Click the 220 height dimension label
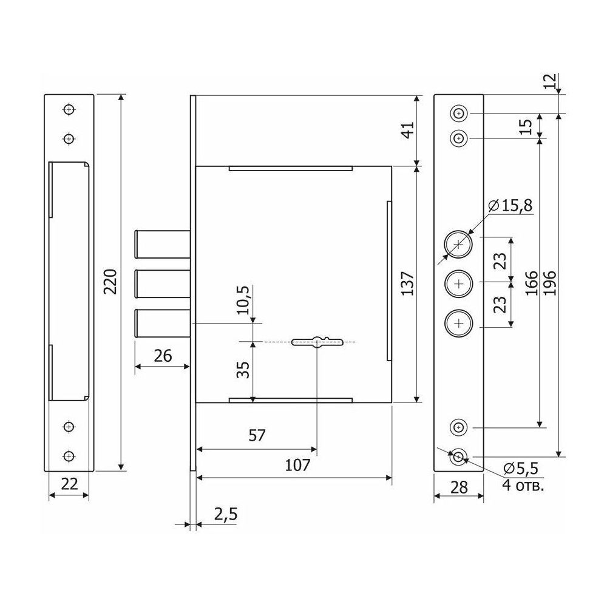point(112,282)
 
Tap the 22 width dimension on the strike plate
point(70,484)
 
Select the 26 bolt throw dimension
point(163,356)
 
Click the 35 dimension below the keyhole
point(243,370)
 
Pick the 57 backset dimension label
point(257,436)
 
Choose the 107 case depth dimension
point(297,465)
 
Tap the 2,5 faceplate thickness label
point(226,515)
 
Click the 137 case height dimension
point(408,283)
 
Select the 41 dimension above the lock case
point(408,130)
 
